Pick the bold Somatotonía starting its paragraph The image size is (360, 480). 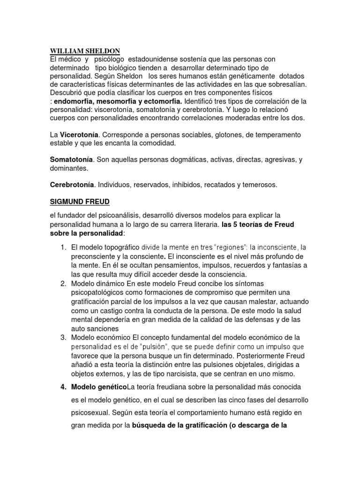pyautogui.click(x=71, y=159)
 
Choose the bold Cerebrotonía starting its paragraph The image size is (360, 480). pyautogui.click(x=72, y=185)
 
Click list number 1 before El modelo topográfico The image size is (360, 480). pyautogui.click(x=63, y=247)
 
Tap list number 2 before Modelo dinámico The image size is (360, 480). pyautogui.click(x=63, y=284)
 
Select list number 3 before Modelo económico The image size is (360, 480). pyautogui.click(x=63, y=337)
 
